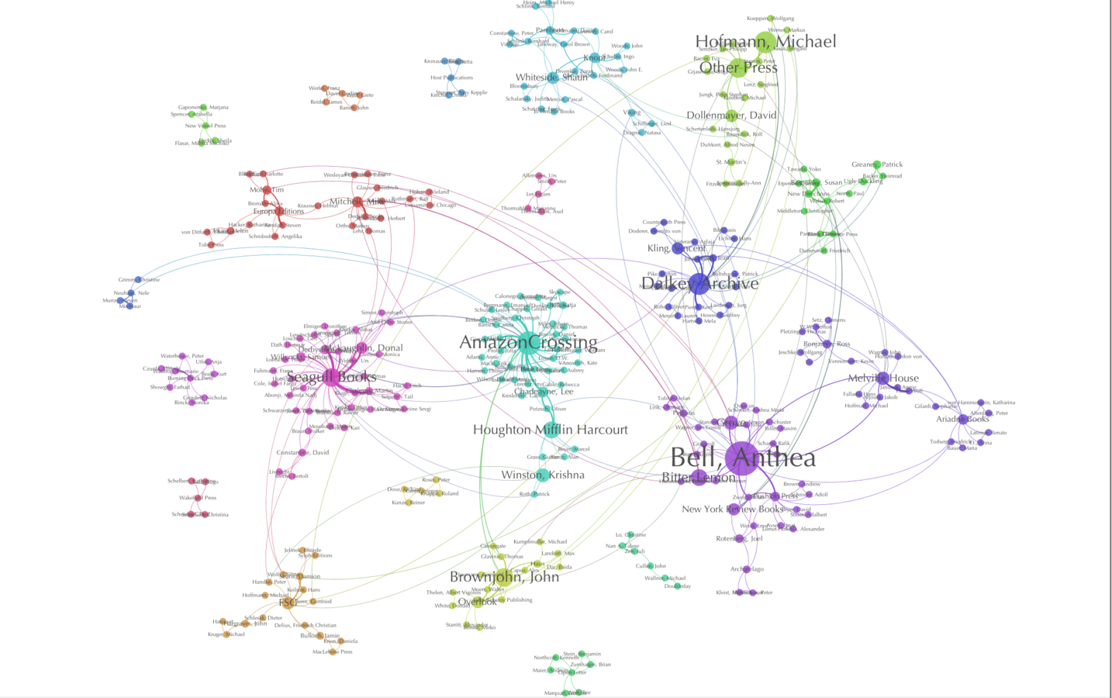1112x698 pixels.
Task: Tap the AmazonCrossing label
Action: pyautogui.click(x=528, y=342)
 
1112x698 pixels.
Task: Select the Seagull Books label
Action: pyautogui.click(x=331, y=377)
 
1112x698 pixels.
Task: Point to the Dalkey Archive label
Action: pyautogui.click(x=700, y=284)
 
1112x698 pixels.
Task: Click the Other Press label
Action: pyautogui.click(x=738, y=67)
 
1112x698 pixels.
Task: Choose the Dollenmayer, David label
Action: pyautogui.click(x=731, y=116)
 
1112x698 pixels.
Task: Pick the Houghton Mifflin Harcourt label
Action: pyautogui.click(x=551, y=430)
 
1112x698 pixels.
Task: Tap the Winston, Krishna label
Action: pyautogui.click(x=543, y=475)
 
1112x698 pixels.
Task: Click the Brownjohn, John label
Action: pyautogui.click(x=504, y=576)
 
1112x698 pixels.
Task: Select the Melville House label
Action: pyautogui.click(x=883, y=378)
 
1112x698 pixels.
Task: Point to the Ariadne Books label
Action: pyautogui.click(x=962, y=419)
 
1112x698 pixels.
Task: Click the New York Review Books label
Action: pyautogui.click(x=733, y=510)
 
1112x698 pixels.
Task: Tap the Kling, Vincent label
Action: pyautogui.click(x=676, y=248)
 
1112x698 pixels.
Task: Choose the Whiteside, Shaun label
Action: pyautogui.click(x=551, y=78)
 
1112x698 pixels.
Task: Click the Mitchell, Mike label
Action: pyautogui.click(x=357, y=202)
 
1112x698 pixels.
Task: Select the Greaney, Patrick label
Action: pyautogui.click(x=877, y=164)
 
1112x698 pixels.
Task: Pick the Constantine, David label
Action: pyautogui.click(x=302, y=452)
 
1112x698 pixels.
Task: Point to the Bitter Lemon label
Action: pyautogui.click(x=698, y=477)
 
